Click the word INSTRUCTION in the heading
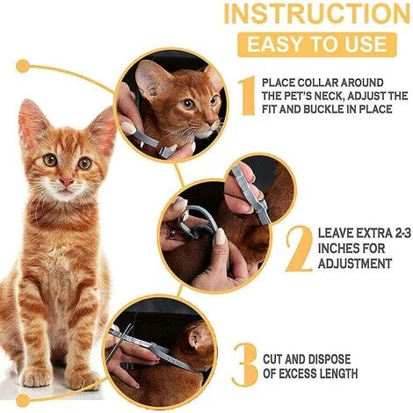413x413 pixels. pos(317,13)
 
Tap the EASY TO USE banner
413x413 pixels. pos(317,45)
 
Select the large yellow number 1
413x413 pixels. pos(247,96)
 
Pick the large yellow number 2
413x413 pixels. pos(299,249)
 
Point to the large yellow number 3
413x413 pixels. pos(245,365)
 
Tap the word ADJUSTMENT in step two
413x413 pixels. pos(355,264)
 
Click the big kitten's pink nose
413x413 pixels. pos(67,182)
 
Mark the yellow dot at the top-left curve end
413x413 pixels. pos(23,66)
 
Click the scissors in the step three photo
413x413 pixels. pos(120,343)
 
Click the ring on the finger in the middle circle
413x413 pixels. pos(173,234)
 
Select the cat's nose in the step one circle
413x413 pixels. pos(212,123)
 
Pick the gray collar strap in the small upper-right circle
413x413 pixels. pos(251,195)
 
